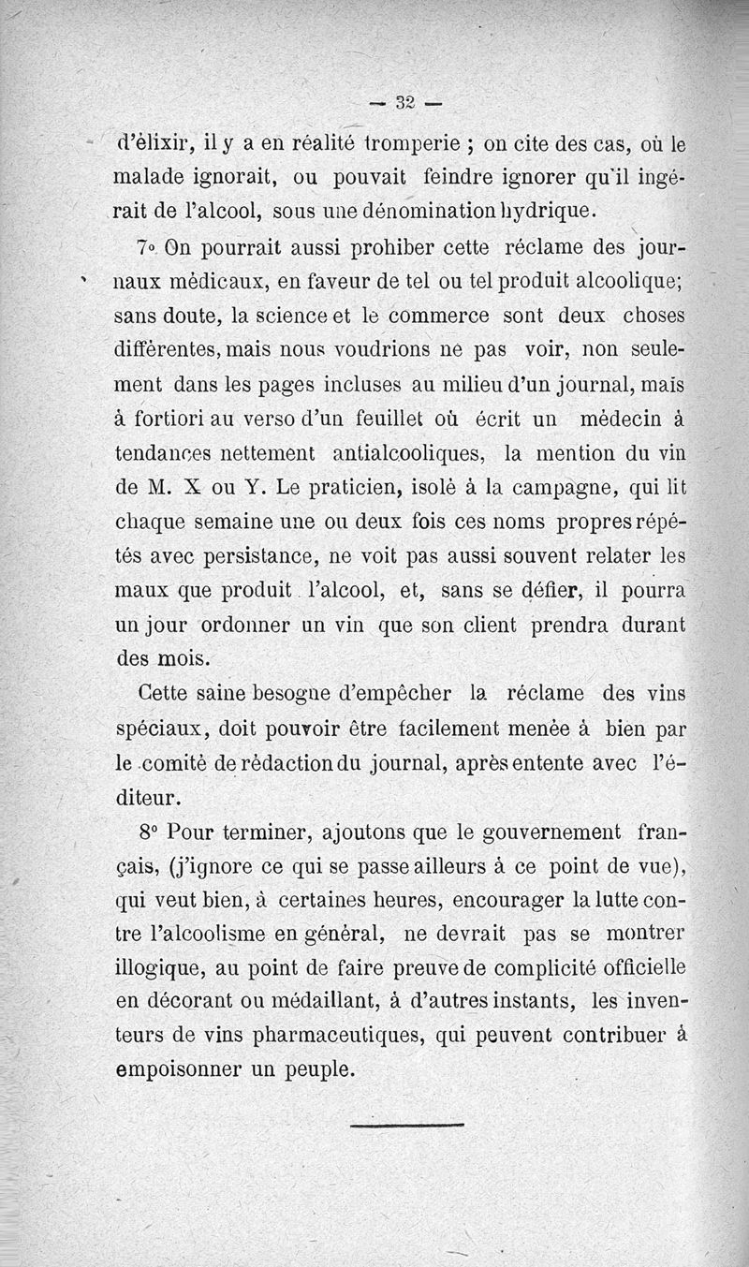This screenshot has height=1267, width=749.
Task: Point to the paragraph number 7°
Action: (x=145, y=250)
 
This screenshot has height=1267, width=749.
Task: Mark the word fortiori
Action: (x=183, y=419)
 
